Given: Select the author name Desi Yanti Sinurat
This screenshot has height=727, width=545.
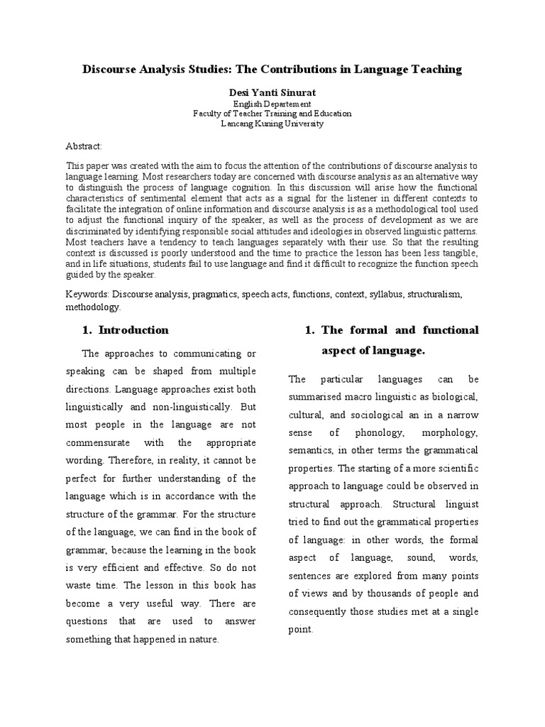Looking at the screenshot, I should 272,92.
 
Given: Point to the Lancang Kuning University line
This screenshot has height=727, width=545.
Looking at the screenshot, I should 272,124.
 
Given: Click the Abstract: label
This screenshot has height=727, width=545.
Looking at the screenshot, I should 84,146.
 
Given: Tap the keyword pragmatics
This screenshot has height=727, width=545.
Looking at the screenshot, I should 213,293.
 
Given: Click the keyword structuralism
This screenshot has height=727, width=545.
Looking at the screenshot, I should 440,293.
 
